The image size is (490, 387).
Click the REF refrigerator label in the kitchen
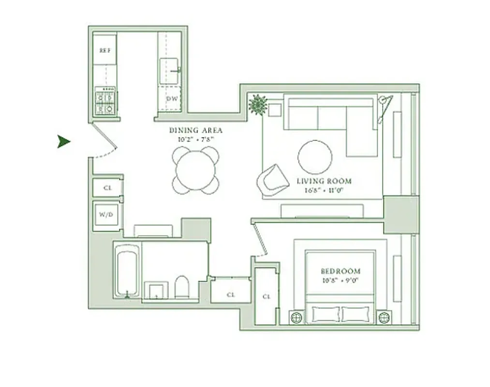[105, 50]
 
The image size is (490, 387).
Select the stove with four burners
[105, 101]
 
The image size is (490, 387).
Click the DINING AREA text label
[195, 130]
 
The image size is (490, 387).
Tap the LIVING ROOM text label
[324, 181]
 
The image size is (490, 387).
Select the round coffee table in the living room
[315, 157]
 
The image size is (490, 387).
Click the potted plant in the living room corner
[258, 104]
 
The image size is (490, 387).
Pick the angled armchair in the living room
[272, 180]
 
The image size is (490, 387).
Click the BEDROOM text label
[341, 271]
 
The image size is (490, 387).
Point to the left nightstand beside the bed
[296, 317]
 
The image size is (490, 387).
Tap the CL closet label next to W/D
[107, 188]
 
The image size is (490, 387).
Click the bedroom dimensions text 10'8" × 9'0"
[341, 280]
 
